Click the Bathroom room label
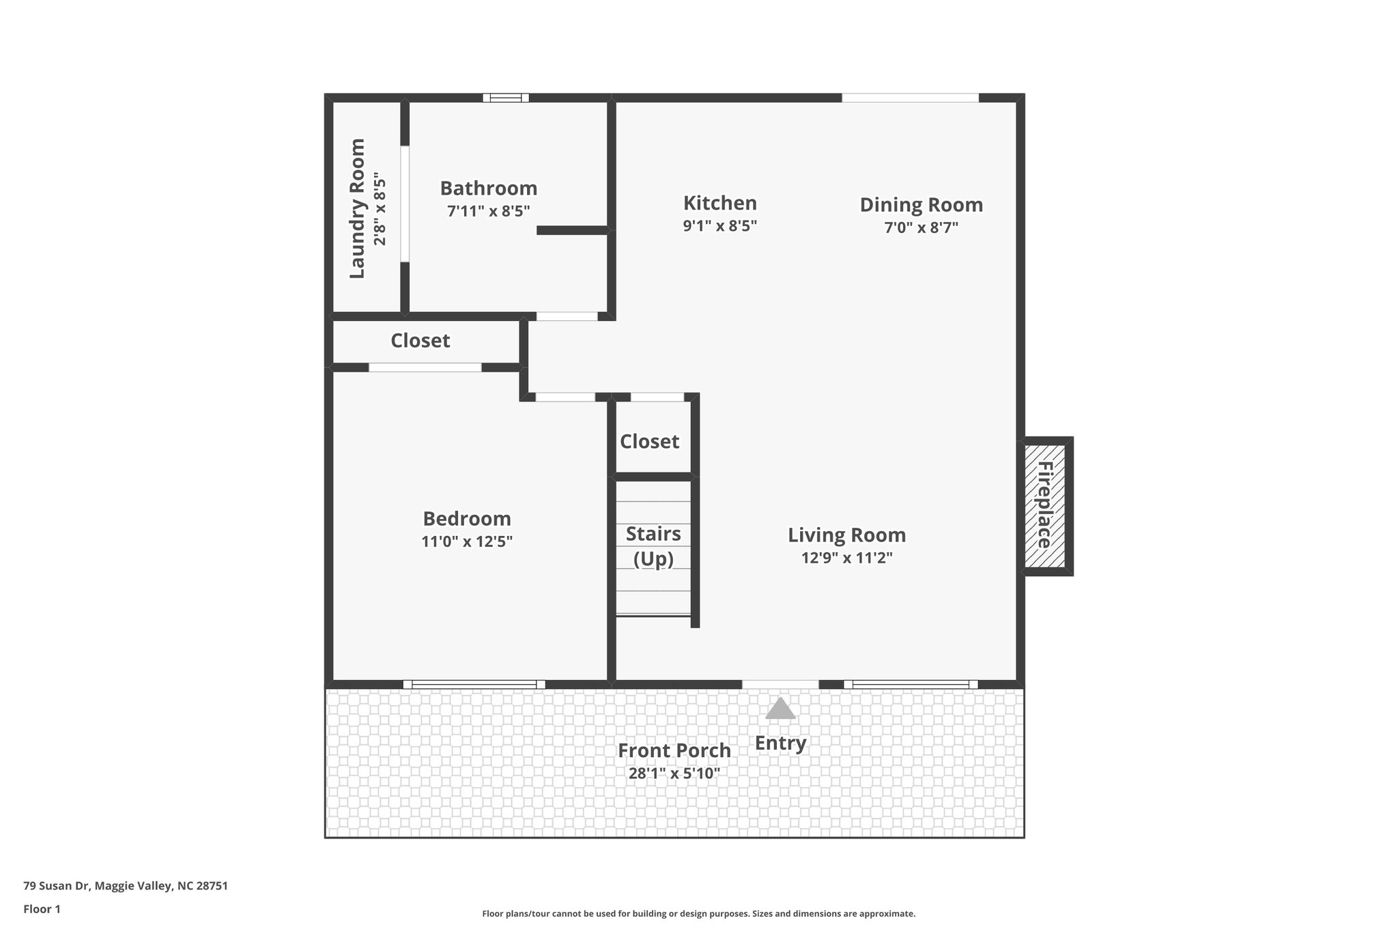pos(488,188)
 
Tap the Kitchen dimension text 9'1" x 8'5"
pos(719,226)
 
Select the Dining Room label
pos(921,205)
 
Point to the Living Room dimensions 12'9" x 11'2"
pos(846,558)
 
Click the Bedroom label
pos(467,519)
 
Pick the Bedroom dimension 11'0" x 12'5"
pos(467,542)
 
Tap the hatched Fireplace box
pos(1044,505)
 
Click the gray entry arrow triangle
pos(780,709)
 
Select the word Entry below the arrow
pos(780,743)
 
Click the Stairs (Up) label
pos(653,546)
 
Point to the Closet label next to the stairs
pos(649,442)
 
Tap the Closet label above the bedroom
pos(420,341)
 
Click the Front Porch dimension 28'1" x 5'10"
pos(674,774)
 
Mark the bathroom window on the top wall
pos(506,98)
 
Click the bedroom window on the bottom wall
pos(474,684)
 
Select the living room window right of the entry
pos(911,684)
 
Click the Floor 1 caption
pos(42,909)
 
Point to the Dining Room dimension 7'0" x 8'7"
pos(921,228)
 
